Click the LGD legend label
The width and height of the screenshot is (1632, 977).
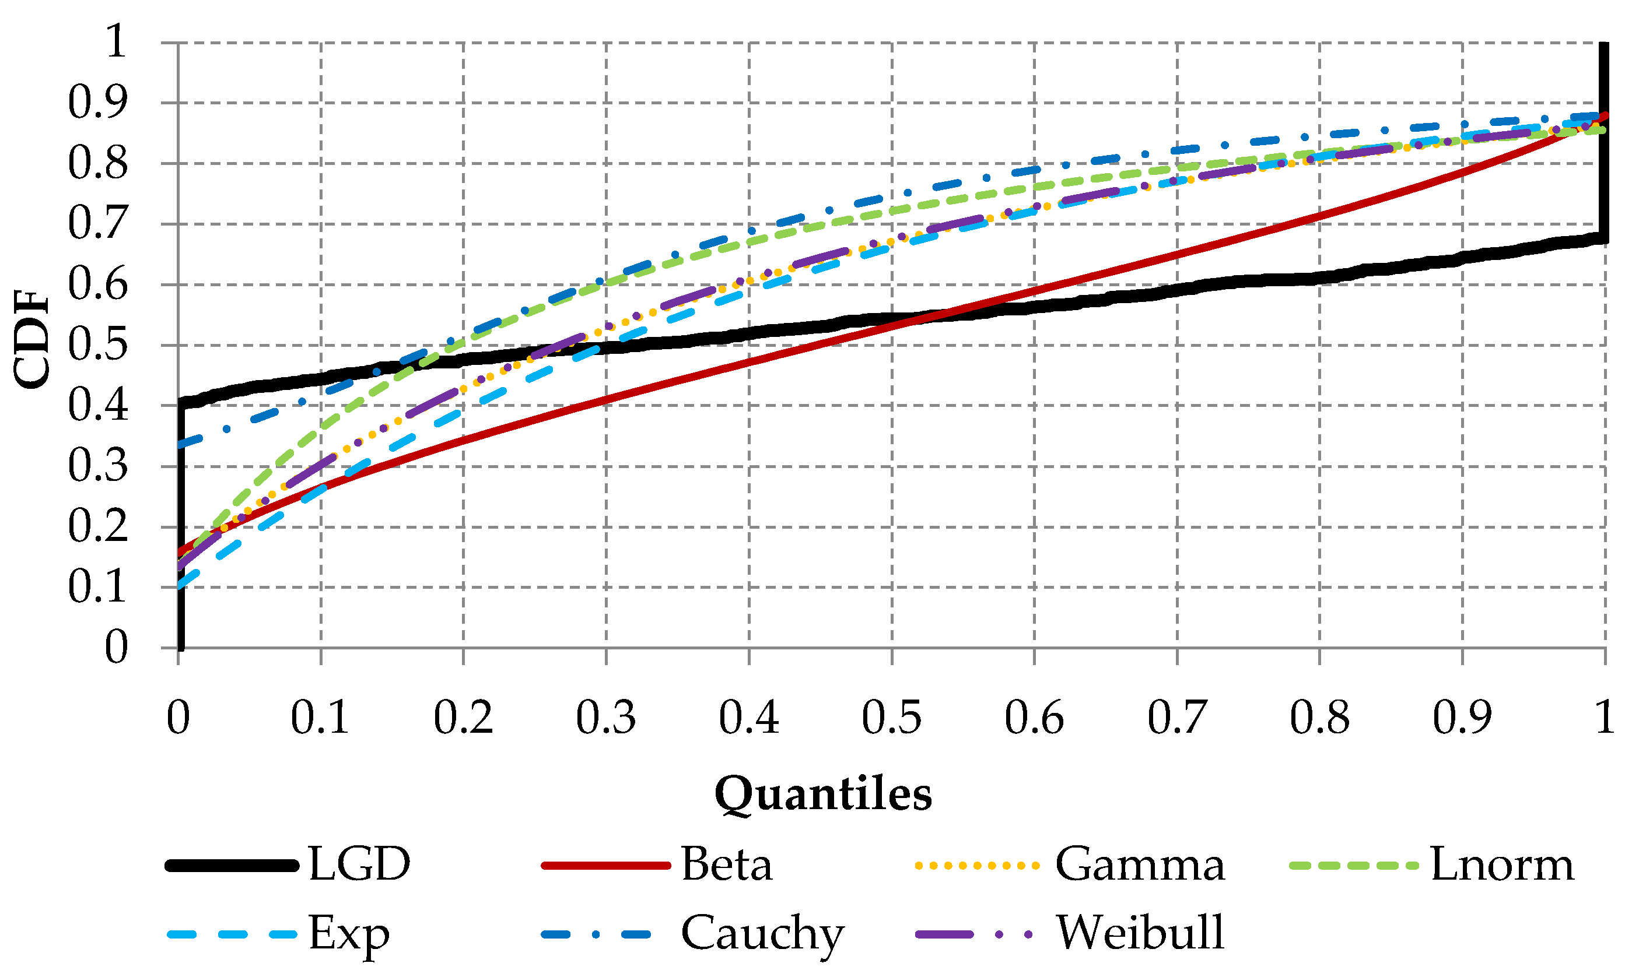(359, 864)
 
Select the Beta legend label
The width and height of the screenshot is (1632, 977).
(726, 864)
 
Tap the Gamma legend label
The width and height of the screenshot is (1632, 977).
(1139, 864)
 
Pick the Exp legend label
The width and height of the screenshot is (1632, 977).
(349, 933)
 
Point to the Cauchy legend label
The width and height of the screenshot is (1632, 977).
(762, 933)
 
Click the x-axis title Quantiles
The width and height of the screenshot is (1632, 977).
(823, 794)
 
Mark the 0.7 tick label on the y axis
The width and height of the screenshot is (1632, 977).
(97, 224)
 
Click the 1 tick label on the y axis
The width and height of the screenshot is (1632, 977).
(116, 43)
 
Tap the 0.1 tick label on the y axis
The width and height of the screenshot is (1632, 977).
(97, 586)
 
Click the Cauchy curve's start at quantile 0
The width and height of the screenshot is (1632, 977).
(180, 444)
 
